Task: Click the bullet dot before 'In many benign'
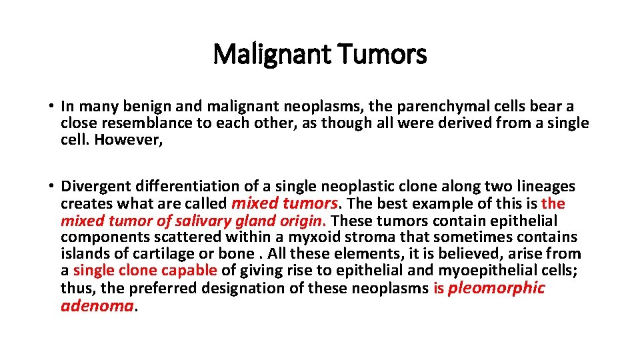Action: [x=51, y=107]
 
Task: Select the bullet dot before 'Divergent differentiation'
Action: [x=51, y=187]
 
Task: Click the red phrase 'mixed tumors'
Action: [x=283, y=203]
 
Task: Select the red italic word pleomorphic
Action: [x=497, y=288]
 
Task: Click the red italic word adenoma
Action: [x=97, y=305]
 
